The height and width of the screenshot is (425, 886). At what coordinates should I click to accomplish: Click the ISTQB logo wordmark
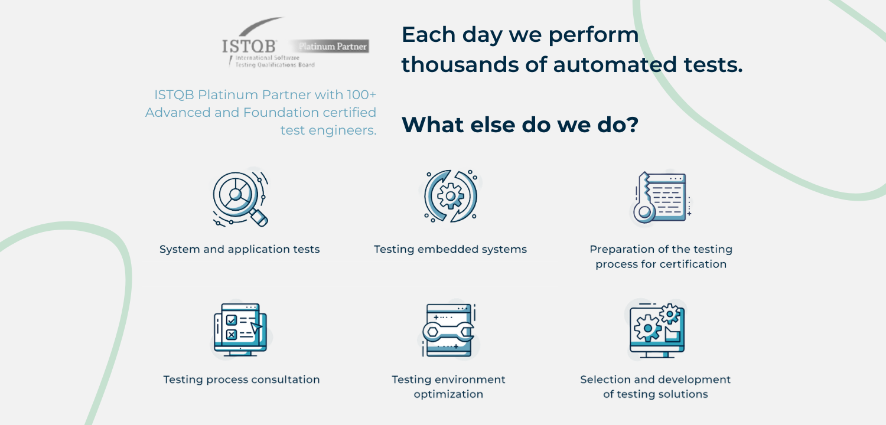tap(249, 46)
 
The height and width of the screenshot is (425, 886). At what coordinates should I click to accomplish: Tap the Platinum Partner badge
tap(330, 46)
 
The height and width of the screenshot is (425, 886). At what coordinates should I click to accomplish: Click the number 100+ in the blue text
tap(361, 95)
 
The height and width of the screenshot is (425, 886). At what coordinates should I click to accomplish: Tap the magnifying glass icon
tap(240, 199)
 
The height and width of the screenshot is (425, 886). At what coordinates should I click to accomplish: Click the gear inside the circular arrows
tap(451, 196)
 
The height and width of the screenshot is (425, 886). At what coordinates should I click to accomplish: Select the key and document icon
tap(662, 197)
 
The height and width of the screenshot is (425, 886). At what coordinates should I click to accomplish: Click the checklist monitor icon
tap(240, 330)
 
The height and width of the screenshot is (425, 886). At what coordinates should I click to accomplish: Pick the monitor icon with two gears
tap(657, 331)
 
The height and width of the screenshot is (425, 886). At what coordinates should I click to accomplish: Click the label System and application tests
tap(239, 250)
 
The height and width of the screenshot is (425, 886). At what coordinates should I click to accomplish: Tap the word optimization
tap(448, 394)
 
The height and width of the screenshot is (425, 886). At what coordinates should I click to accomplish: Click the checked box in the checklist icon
tap(232, 320)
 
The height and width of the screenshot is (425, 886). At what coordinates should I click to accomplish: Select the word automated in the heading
tap(615, 64)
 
